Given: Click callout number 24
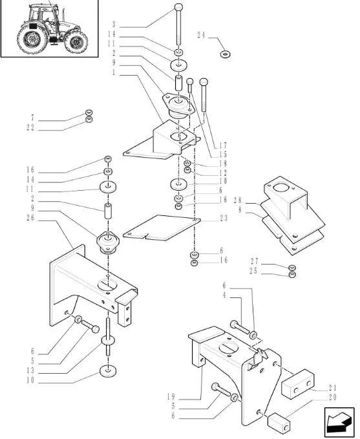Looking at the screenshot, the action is coord(201,36).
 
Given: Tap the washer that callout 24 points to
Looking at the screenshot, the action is coord(225,54).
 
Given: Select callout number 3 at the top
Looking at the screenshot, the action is coord(114,24).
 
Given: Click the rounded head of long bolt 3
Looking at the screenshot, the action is coord(178,6).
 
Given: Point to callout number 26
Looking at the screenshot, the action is coord(30,218).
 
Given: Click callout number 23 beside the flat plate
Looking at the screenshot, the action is coord(224,218).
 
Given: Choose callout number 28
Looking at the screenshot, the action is coord(237,200).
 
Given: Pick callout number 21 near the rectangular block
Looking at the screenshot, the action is coord(333,388).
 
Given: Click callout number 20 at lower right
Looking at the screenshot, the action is coord(333,397).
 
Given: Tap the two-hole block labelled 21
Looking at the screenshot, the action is coord(298,383).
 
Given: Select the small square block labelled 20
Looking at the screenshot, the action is coord(279,422).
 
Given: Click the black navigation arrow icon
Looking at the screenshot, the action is coord(339,422).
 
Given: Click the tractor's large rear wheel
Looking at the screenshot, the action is coord(31,39).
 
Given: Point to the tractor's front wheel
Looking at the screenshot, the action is coord(76,42).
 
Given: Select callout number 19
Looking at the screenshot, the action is coord(171,397).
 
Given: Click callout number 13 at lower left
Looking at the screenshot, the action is coord(30,370).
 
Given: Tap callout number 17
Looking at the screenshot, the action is coord(223,145).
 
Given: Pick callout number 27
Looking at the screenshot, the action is coord(254,261).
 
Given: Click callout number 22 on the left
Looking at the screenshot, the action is coord(30,127).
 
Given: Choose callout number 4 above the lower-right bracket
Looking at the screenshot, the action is coord(224,295).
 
